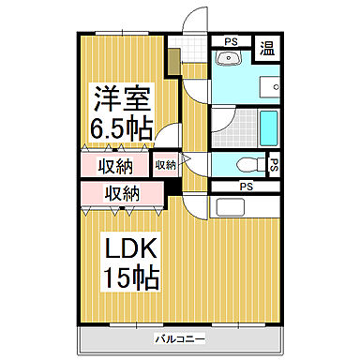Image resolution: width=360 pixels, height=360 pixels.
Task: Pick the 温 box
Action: pos(267,48)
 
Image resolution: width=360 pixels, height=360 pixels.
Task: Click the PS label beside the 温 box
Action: pos(230,42)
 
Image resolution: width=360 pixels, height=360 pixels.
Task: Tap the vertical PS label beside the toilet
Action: pos(273,166)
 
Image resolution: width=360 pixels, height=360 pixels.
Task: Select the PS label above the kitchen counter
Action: pos(245,187)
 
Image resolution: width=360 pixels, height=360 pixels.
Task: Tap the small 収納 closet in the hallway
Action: pos(165,165)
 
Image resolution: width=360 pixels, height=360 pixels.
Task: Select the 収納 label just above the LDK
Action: pos(123,194)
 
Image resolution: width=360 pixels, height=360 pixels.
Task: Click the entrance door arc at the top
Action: pos(193,21)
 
